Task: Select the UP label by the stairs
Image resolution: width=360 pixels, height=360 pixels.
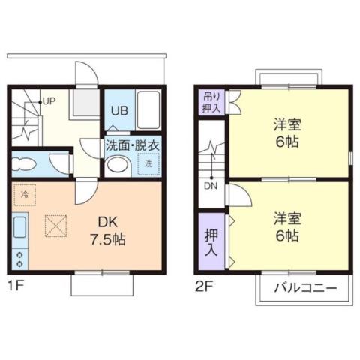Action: click(49, 100)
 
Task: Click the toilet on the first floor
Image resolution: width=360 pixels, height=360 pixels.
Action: click(27, 163)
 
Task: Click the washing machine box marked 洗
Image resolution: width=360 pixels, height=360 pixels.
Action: click(148, 163)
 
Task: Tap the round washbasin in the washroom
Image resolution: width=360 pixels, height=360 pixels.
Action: click(117, 166)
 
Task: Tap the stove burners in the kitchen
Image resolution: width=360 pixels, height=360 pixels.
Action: click(20, 259)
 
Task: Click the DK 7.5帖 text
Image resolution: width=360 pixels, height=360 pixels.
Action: click(109, 232)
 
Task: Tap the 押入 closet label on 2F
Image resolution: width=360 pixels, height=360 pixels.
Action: click(211, 240)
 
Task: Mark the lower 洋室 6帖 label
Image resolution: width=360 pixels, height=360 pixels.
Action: click(285, 226)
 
